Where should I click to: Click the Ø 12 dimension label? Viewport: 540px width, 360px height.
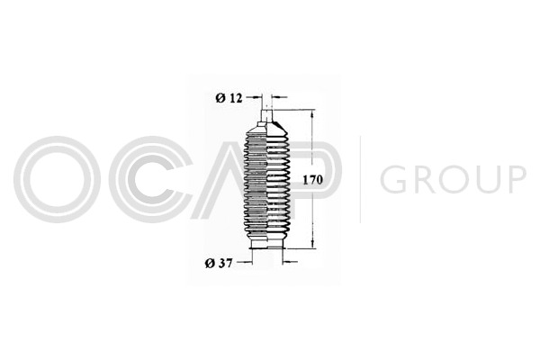[229, 98]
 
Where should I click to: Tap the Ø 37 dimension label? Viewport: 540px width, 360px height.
[219, 264]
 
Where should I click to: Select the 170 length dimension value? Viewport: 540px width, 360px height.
[312, 180]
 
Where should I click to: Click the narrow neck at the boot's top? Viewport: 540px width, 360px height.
[267, 114]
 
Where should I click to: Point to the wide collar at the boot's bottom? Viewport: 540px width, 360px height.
[267, 245]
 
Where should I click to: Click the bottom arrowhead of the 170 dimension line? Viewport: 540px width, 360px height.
[312, 244]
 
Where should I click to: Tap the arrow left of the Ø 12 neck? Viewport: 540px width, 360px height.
[255, 98]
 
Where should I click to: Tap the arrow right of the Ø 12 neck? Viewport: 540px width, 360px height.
[279, 98]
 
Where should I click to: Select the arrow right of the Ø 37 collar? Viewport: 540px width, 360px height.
[290, 263]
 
